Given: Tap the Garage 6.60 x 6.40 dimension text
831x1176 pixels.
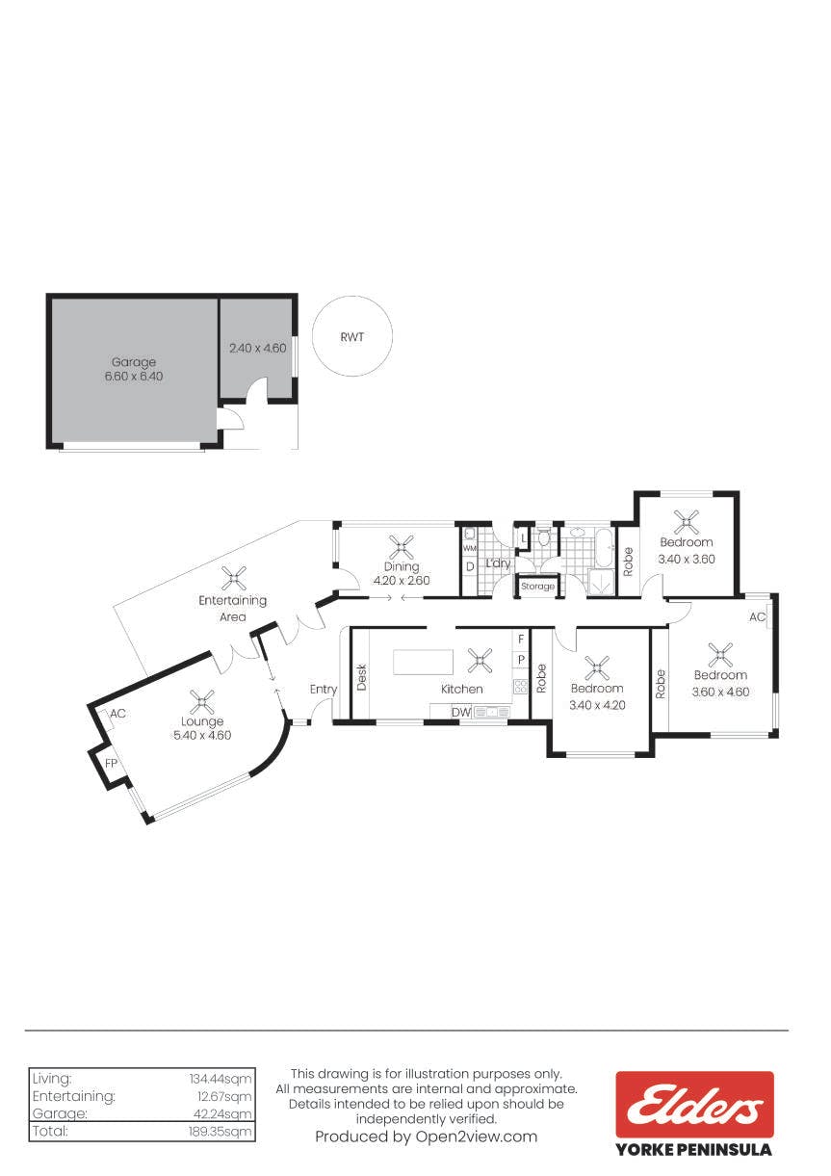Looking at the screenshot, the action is pyautogui.click(x=134, y=377).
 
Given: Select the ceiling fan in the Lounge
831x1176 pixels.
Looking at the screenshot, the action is pyautogui.click(x=202, y=702).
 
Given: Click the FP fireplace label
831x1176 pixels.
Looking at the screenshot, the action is pyautogui.click(x=111, y=764).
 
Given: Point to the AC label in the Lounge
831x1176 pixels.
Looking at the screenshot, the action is pyautogui.click(x=117, y=714).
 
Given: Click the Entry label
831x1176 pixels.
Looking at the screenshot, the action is pyautogui.click(x=324, y=690).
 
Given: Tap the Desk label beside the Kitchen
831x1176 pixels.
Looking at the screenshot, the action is pyautogui.click(x=362, y=677).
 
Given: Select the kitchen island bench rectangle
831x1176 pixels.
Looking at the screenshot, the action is pyautogui.click(x=423, y=662).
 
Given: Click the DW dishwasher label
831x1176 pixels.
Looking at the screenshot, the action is pyautogui.click(x=461, y=713).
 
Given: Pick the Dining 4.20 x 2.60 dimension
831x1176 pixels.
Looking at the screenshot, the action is pyautogui.click(x=402, y=580).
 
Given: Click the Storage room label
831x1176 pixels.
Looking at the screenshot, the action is pyautogui.click(x=537, y=586).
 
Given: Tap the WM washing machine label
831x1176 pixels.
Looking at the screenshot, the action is pyautogui.click(x=469, y=548).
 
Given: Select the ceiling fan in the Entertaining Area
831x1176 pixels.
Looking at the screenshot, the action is pyautogui.click(x=233, y=578).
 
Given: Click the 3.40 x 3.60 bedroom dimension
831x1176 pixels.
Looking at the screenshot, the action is pyautogui.click(x=687, y=560).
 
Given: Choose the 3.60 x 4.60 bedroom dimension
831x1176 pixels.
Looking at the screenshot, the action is pyautogui.click(x=721, y=692).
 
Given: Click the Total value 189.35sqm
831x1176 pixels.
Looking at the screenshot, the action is pyautogui.click(x=221, y=1131).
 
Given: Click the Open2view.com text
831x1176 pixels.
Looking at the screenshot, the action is pyautogui.click(x=476, y=1137).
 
